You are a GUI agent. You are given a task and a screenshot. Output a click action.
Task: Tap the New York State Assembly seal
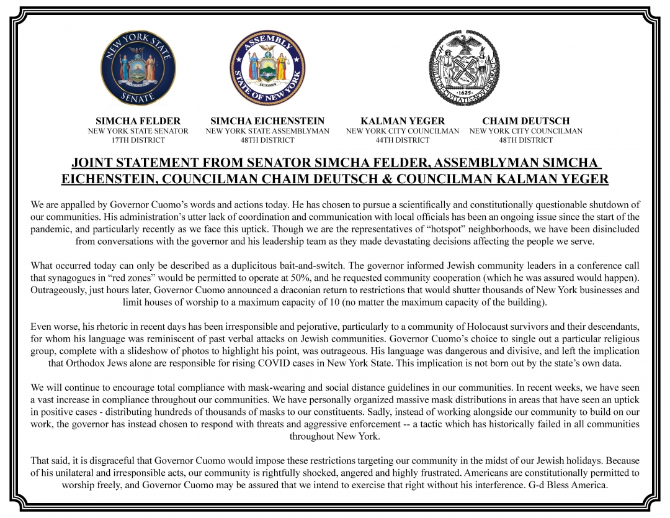coord(267,68)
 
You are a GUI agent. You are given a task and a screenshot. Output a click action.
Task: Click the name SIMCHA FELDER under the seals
coord(138,121)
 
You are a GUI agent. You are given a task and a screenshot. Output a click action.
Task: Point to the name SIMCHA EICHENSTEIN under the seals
coord(267,121)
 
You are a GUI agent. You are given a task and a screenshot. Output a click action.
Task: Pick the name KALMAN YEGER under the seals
coord(403,121)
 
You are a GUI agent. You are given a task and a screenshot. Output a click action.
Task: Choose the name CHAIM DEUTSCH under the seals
coord(525,121)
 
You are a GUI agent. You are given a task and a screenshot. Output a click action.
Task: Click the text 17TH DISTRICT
coord(138,140)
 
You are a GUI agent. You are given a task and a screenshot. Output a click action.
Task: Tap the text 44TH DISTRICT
coord(403,140)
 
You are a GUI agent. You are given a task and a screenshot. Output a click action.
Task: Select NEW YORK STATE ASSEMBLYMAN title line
coord(267,131)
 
